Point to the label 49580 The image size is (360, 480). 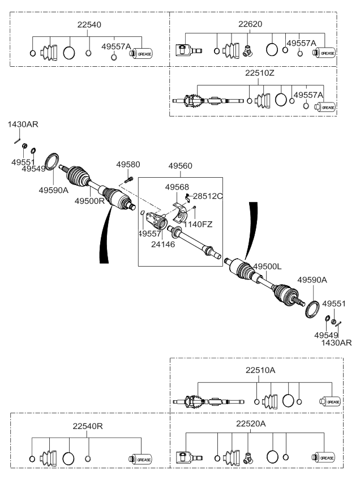[128, 165]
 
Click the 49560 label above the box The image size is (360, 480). [180, 166]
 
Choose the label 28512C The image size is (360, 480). [207, 196]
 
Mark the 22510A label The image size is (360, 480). [261, 371]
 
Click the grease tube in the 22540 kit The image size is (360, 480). [141, 54]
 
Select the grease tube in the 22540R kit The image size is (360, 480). [141, 459]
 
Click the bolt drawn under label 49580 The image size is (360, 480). [127, 179]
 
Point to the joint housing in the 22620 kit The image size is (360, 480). [185, 51]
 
